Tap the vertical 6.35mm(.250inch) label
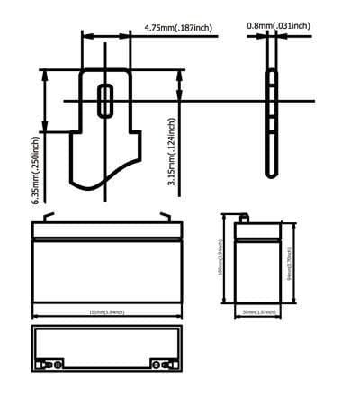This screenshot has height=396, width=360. [x=37, y=170]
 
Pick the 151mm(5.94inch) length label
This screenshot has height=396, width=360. [x=106, y=313]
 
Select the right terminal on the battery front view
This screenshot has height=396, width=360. [x=165, y=216]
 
